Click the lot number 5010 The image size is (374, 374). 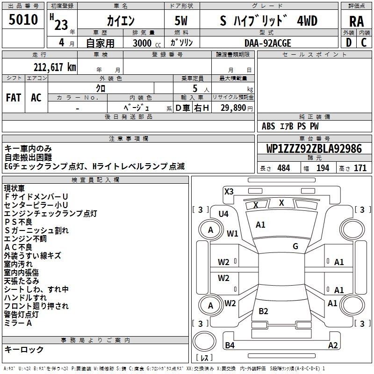pyautogui.click(x=24, y=20)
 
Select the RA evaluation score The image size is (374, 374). pyautogui.click(x=356, y=21)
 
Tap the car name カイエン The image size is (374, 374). pyautogui.click(x=120, y=21)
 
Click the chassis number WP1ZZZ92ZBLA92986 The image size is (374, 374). pyautogui.click(x=314, y=149)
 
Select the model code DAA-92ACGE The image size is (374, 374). pyautogui.click(x=267, y=43)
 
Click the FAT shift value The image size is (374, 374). pyautogui.click(x=13, y=98)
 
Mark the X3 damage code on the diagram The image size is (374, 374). pyautogui.click(x=229, y=191)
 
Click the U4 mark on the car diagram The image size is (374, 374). pyautogui.click(x=223, y=214)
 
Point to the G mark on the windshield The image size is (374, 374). pyautogui.click(x=295, y=246)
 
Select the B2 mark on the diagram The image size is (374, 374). pyautogui.click(x=263, y=311)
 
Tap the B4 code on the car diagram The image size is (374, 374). pyautogui.click(x=230, y=345)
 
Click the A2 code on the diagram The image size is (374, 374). pyautogui.click(x=333, y=345)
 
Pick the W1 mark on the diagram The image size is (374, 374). pyautogui.click(x=232, y=233)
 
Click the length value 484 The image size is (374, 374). pyautogui.click(x=283, y=168)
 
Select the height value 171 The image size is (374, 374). pyautogui.click(x=360, y=168)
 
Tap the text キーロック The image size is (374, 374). pyautogui.click(x=24, y=349)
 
